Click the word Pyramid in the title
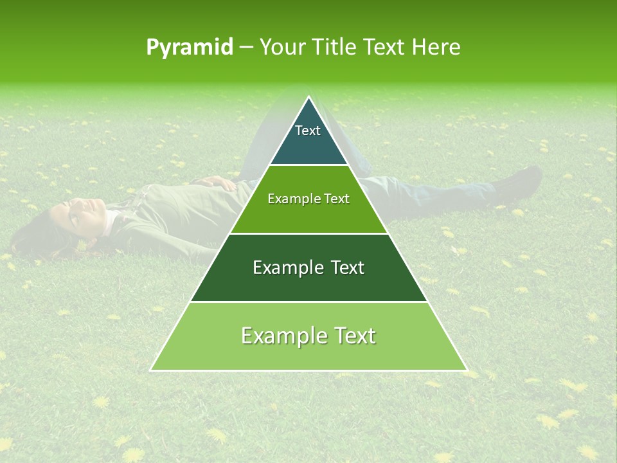click(189, 48)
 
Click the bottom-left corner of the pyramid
click(152, 370)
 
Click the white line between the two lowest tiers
click(308, 302)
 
